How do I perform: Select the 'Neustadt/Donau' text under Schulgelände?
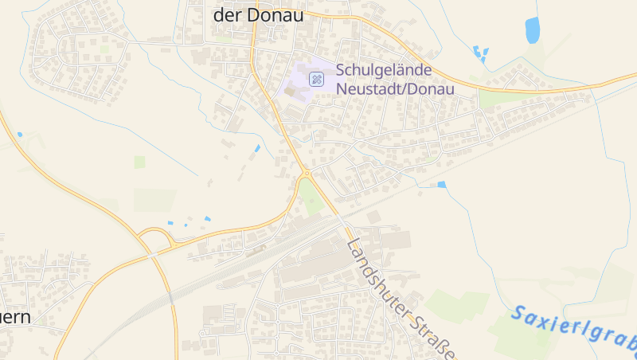pos(395,88)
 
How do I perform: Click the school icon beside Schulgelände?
pos(317,79)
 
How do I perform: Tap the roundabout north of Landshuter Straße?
pos(307,173)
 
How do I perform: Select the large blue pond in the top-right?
pos(533,30)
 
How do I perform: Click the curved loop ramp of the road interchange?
pos(154,236)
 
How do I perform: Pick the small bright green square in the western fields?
pos(140,162)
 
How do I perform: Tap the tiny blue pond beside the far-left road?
pos(20,134)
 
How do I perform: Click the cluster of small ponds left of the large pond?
pos(480,54)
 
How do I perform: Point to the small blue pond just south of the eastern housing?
pos(442,185)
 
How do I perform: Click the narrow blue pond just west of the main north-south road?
pos(257,148)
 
